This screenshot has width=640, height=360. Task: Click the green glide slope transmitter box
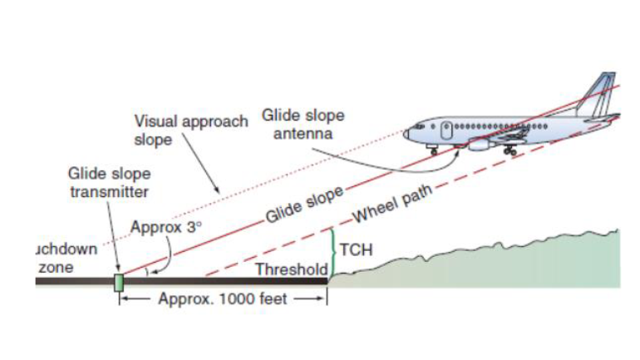coord(118,281)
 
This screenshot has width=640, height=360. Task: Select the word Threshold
coord(292,269)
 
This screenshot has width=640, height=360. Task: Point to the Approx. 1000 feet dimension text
coord(221,299)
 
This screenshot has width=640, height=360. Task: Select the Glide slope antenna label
coord(303,124)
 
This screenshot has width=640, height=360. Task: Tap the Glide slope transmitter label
coord(108,183)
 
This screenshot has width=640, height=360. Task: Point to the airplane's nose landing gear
coord(434,150)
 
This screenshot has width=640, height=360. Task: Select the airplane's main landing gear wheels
coord(510,151)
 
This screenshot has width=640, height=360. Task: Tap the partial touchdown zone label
coord(66,258)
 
